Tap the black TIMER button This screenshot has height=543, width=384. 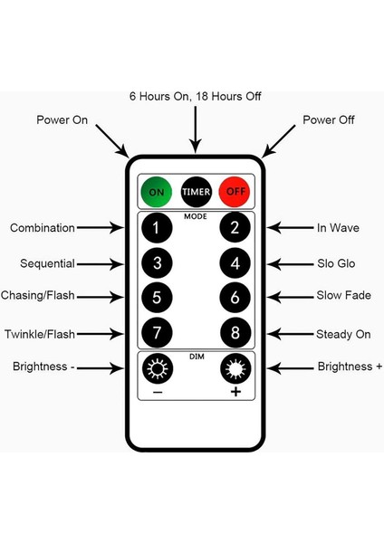(x=196, y=192)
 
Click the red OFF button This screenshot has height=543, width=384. (x=235, y=192)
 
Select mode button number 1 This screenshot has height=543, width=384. (x=157, y=228)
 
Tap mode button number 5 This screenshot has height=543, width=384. (x=157, y=298)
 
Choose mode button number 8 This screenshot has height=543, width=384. (x=235, y=333)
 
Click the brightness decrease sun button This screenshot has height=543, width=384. (x=158, y=368)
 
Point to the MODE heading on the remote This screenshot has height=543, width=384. (x=196, y=216)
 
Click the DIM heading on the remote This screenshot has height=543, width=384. (x=197, y=357)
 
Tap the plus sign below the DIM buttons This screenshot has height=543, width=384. (x=235, y=392)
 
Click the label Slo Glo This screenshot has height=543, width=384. (x=336, y=263)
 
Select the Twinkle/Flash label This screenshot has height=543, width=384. (x=40, y=334)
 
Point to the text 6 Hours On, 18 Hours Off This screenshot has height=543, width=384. (x=195, y=96)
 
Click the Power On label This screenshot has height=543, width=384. (x=62, y=119)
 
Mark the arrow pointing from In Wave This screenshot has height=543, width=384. (x=290, y=228)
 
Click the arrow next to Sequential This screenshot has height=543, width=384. (x=101, y=264)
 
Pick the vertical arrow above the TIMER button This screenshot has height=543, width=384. (x=196, y=129)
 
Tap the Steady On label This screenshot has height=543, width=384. (x=343, y=334)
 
